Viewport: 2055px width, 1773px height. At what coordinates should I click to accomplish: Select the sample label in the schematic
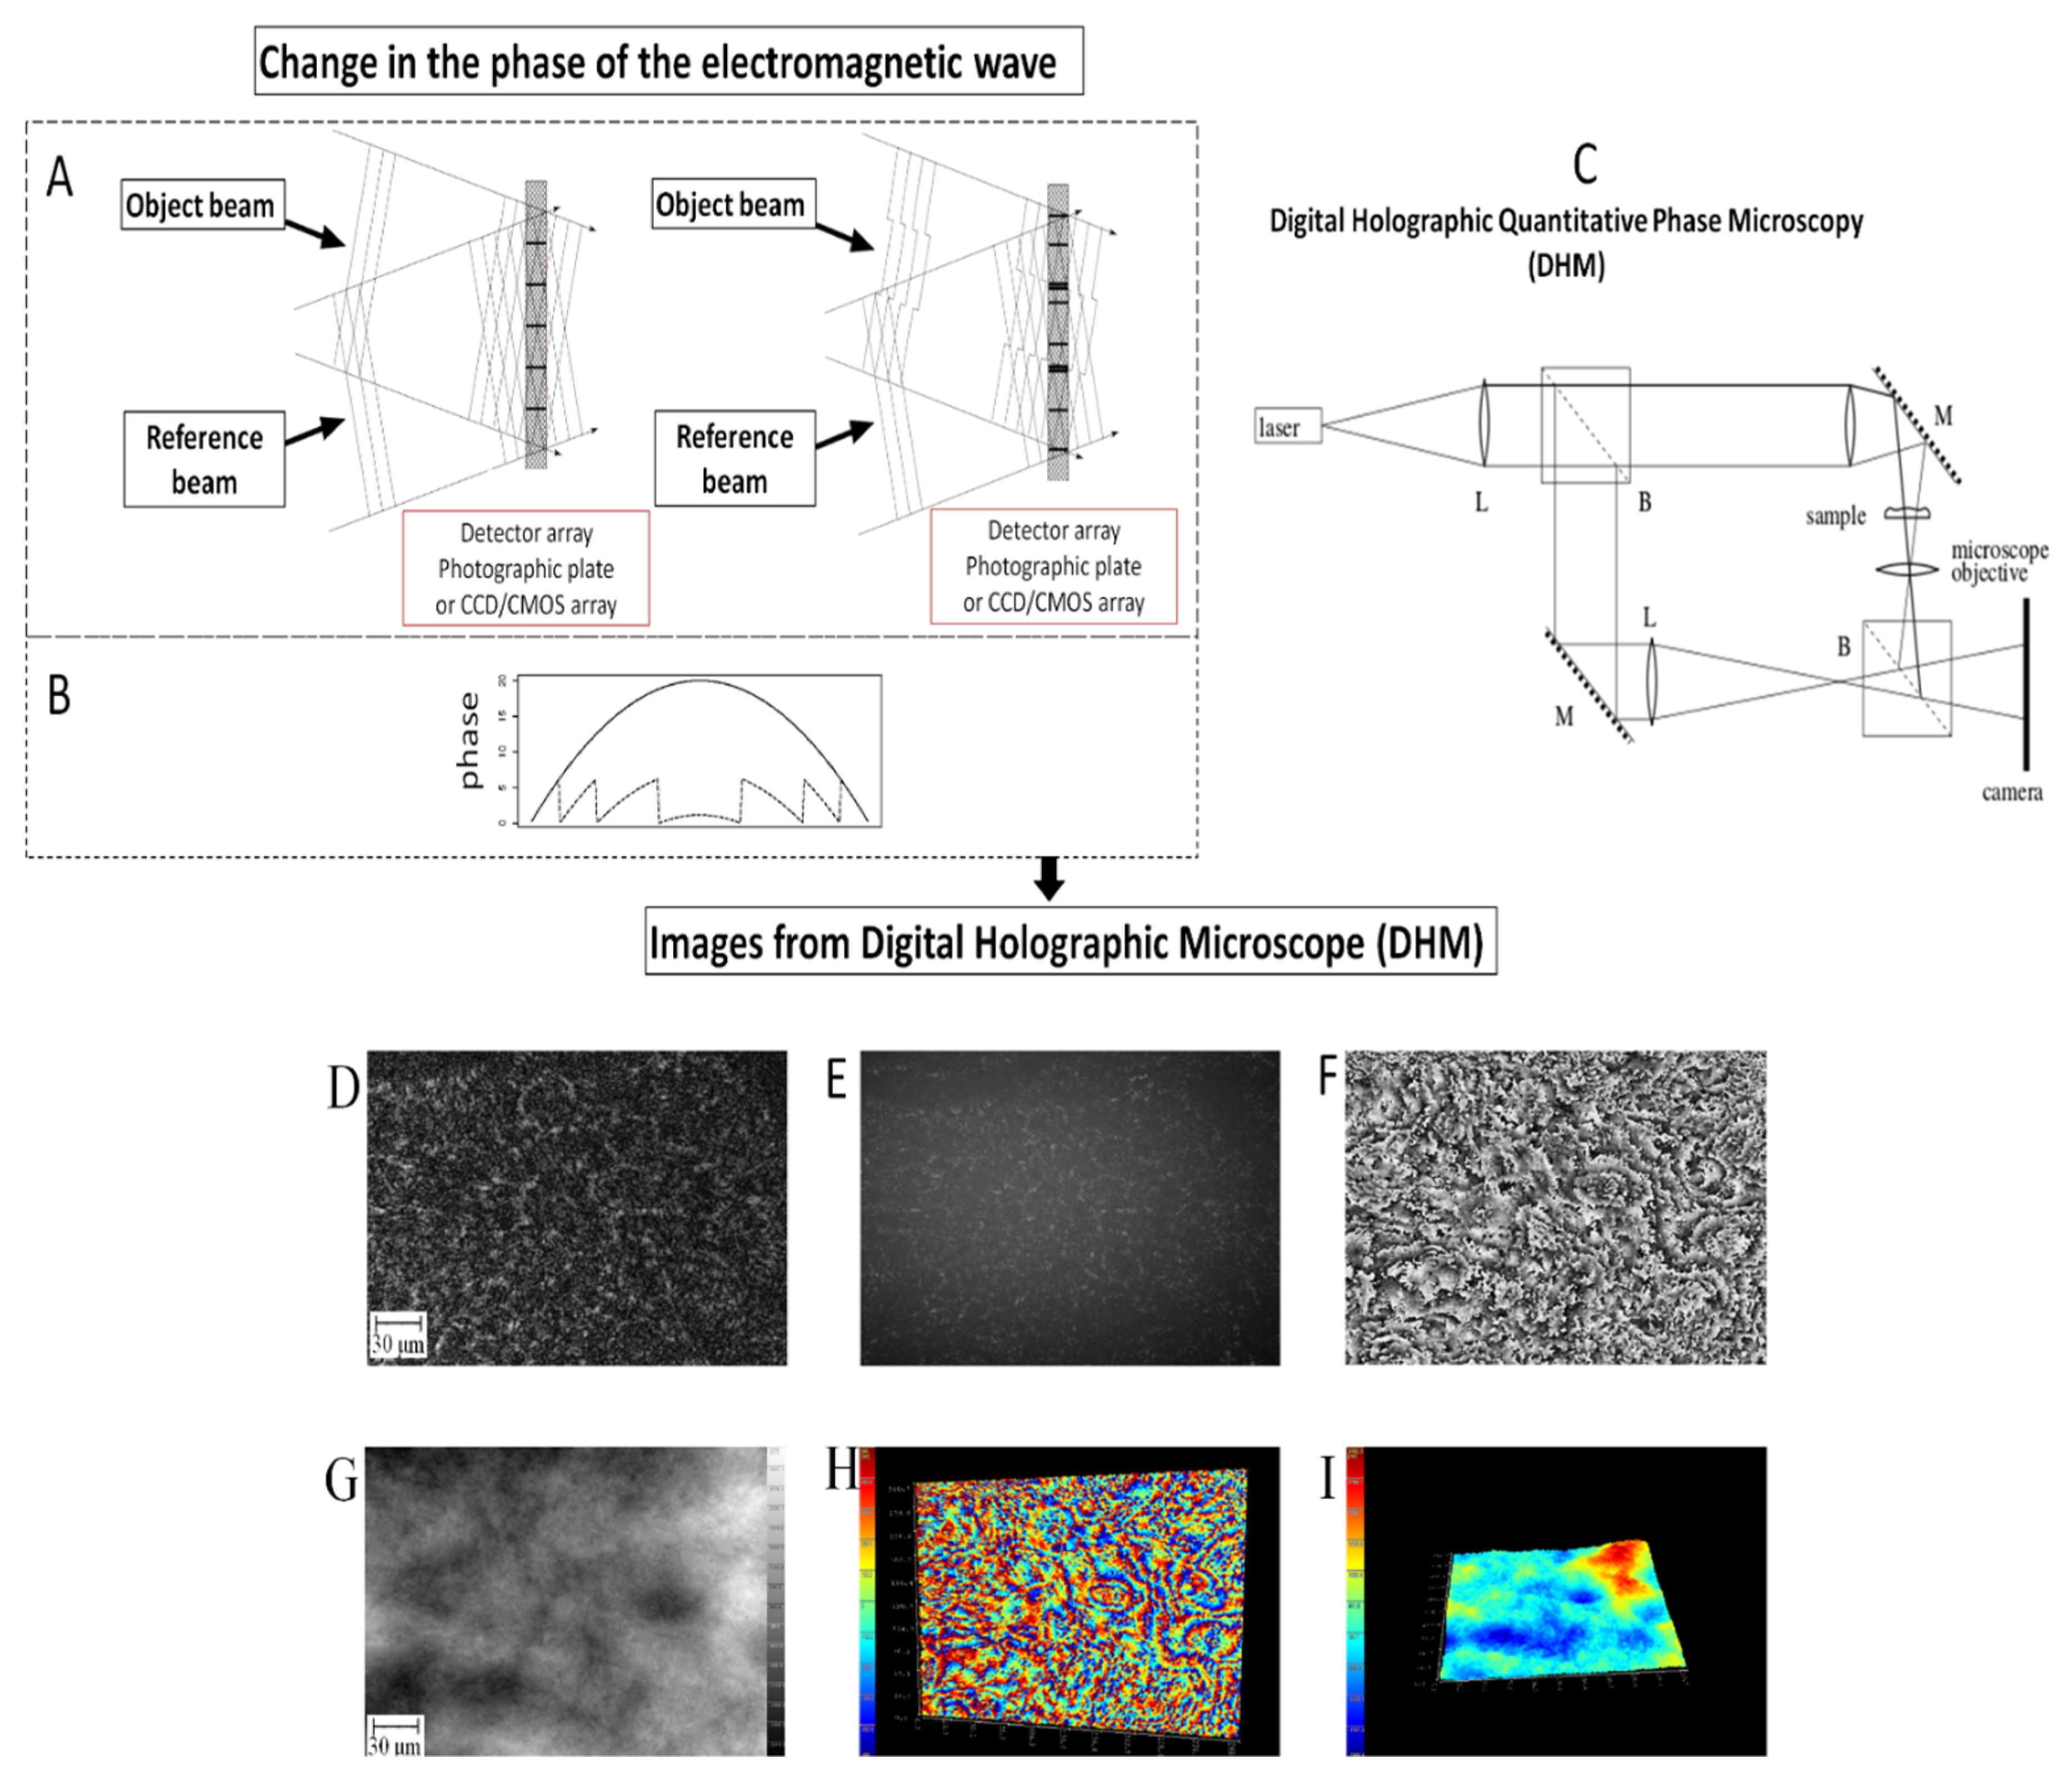1835,516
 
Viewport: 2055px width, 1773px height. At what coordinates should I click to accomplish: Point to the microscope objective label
1997,562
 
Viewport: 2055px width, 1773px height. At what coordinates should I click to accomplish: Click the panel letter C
1585,164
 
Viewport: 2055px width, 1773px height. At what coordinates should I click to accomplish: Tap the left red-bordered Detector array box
526,568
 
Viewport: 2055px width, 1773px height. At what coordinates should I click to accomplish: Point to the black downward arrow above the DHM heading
1048,877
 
